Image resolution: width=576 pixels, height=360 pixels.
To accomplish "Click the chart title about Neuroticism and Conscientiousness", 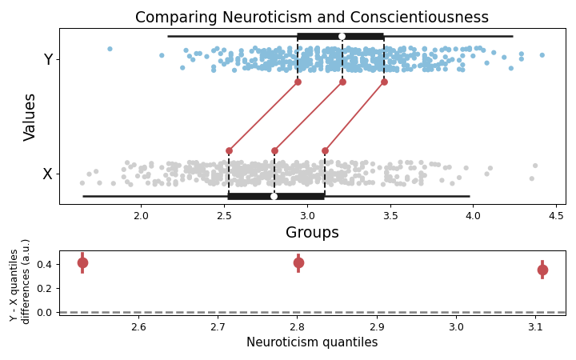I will [311, 18].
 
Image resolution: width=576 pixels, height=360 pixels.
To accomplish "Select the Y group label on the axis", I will [48, 60].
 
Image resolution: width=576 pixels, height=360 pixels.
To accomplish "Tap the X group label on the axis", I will [48, 174].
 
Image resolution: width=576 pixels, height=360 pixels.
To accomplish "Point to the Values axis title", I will [30, 117].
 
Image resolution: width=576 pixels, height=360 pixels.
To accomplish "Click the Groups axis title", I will [312, 233].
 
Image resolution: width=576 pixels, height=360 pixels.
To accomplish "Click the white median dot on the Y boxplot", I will [342, 36].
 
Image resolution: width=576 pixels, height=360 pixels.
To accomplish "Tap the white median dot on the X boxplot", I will [274, 196].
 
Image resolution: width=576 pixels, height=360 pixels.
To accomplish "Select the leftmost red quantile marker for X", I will [229, 150].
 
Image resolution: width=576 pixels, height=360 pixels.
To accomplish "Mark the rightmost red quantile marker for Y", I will [384, 82].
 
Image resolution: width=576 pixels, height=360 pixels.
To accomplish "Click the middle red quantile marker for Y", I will [342, 82].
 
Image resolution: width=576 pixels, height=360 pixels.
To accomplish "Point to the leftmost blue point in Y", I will [110, 49].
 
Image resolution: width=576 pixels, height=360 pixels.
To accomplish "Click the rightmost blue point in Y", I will [542, 55].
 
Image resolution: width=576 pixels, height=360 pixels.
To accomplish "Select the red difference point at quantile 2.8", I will [298, 262].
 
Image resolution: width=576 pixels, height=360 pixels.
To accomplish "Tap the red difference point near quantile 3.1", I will [542, 270].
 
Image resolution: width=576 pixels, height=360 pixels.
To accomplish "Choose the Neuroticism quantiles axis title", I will [312, 342].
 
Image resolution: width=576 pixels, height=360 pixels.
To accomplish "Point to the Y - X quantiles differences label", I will [20, 286].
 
